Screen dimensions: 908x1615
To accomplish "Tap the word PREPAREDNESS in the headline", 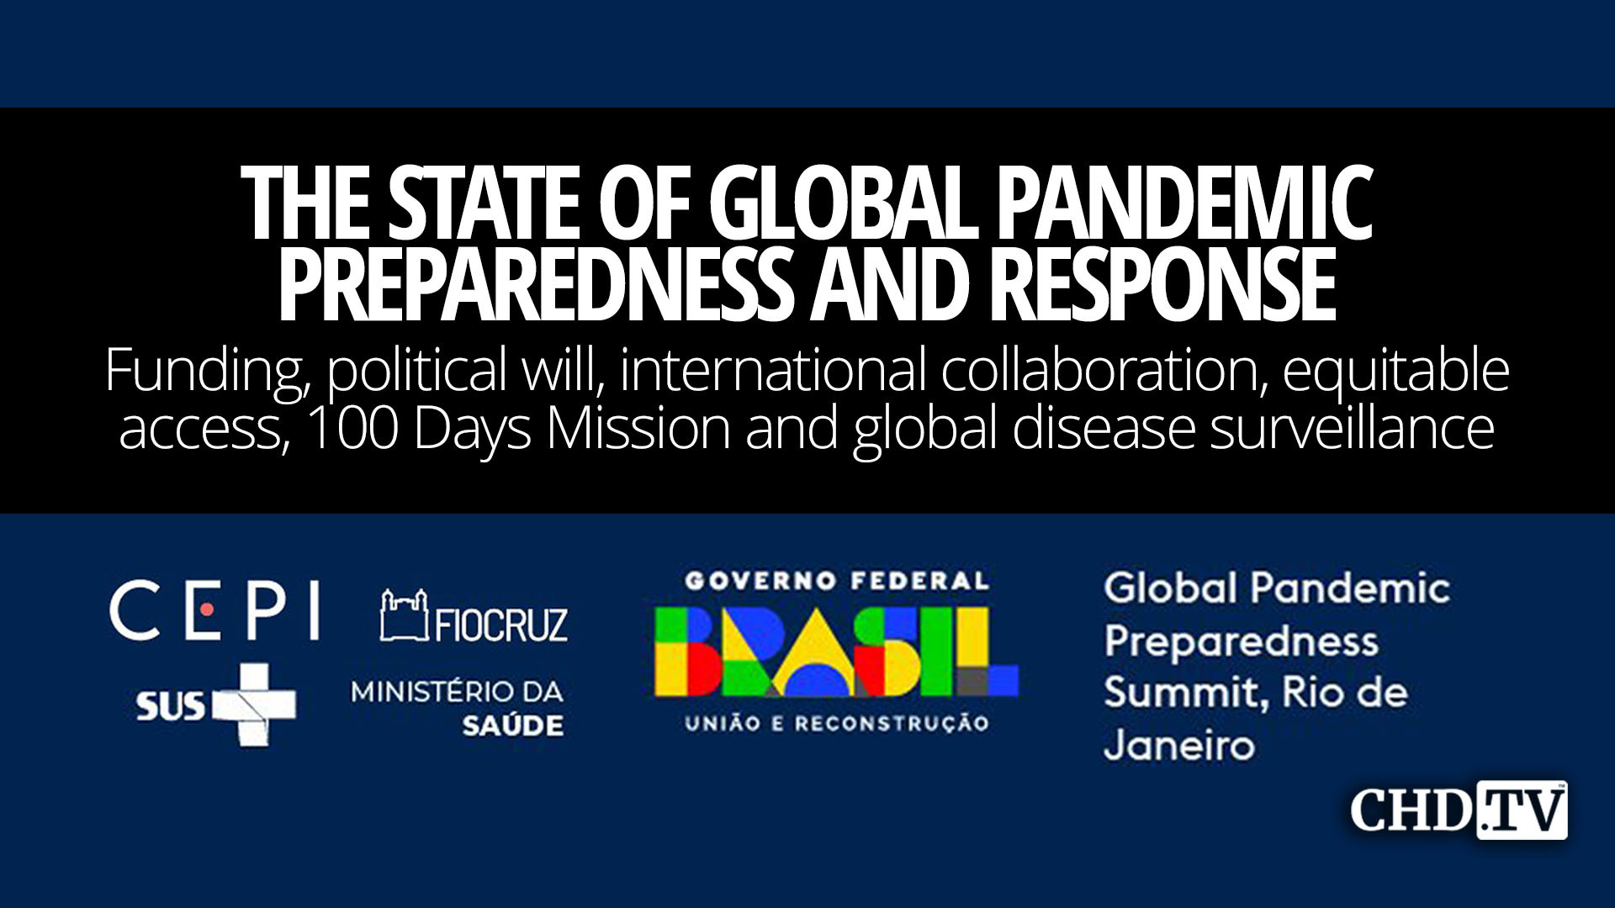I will tap(535, 284).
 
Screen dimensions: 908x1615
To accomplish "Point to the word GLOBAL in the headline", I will tap(842, 203).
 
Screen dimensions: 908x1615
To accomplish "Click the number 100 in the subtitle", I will tap(352, 428).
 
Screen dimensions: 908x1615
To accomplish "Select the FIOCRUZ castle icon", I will tap(404, 615).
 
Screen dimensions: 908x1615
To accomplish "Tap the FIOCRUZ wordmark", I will tap(501, 624).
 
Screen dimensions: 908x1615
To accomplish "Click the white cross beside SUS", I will tap(254, 705).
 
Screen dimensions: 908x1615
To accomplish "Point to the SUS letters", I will tap(170, 705).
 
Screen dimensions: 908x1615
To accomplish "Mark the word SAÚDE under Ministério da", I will tap(512, 726).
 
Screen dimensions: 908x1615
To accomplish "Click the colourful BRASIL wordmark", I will tap(836, 652).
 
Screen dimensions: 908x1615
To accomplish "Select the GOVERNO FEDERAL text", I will tap(836, 580).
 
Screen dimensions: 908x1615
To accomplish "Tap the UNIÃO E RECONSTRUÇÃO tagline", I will tap(836, 723).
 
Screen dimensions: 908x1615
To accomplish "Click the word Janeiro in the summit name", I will tap(1179, 746).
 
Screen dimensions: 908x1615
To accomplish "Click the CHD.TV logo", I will tap(1459, 810).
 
